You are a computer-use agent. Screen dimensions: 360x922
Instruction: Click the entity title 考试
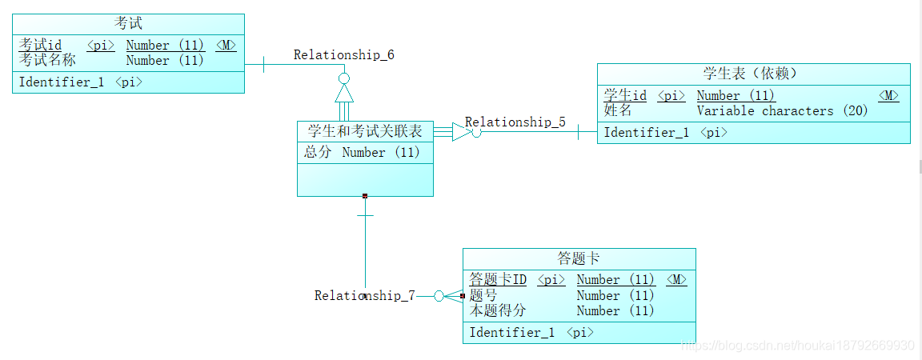128,24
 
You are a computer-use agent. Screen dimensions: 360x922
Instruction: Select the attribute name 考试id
40,46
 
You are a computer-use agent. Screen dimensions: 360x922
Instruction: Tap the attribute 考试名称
47,60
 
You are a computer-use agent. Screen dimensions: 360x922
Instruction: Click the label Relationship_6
343,55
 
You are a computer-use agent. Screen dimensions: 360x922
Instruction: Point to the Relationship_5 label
515,122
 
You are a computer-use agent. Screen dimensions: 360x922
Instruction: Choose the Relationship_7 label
364,296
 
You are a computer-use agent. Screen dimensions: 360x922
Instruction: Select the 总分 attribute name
318,152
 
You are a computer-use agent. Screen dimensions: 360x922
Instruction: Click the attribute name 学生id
625,96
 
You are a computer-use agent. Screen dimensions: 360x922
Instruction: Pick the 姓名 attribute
618,110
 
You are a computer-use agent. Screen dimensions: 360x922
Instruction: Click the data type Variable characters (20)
782,111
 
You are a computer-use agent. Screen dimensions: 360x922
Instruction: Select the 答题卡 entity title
579,258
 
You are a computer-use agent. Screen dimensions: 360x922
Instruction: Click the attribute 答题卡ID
498,280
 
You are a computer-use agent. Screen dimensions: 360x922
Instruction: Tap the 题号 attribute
483,295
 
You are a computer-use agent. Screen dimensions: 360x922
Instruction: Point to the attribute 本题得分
498,310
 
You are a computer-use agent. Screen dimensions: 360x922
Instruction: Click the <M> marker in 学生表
888,96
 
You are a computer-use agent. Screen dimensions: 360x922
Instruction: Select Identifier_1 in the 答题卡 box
511,333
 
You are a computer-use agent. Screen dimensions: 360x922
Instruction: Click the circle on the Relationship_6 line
344,78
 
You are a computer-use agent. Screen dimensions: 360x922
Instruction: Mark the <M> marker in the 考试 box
226,46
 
